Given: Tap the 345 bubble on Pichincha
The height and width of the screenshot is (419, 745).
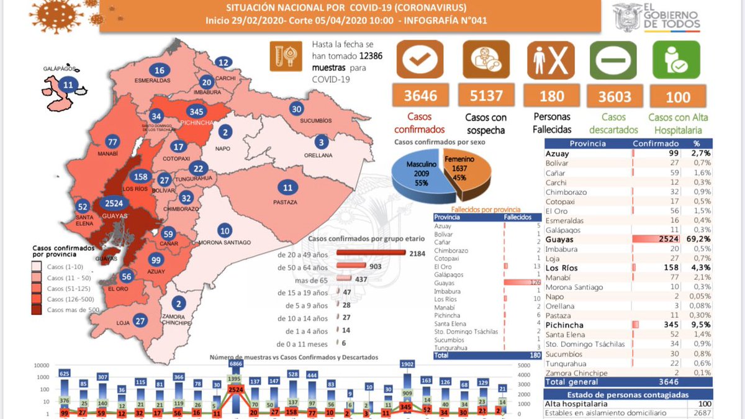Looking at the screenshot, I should coord(196,112).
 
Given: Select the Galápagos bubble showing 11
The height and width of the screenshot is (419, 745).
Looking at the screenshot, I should coord(68,85).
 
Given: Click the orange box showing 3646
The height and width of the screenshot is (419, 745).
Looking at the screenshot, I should coord(420,96).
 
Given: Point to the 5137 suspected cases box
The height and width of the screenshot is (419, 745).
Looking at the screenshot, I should coord(486,96).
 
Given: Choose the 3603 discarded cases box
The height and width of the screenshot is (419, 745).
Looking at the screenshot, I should coord(615,97).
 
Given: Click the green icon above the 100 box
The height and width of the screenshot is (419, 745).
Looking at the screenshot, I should coord(676,60).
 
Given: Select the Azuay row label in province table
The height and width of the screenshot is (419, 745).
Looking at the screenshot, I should coord(558,153).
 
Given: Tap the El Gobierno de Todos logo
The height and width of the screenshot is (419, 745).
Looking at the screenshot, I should coord(657,17).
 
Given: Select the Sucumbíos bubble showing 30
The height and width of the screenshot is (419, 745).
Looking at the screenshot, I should coord(297,109).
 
